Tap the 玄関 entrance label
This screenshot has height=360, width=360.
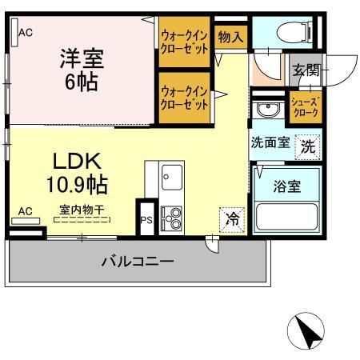[306, 70]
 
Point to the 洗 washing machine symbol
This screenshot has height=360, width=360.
[308, 146]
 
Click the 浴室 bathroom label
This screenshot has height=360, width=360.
[286, 187]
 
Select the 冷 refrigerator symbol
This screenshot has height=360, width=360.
[231, 218]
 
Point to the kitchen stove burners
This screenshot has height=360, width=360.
[171, 217]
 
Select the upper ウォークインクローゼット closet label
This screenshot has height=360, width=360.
[185, 41]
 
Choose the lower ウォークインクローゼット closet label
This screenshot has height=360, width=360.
[185, 97]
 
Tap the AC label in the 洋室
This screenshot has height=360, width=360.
[25, 33]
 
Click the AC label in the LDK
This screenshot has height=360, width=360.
[25, 211]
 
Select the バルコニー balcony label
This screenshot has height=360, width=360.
[137, 261]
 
